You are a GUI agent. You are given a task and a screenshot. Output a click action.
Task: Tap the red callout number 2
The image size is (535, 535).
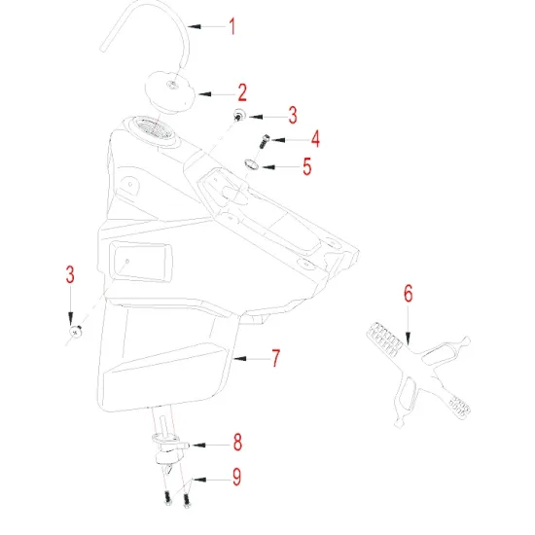tap(241, 92)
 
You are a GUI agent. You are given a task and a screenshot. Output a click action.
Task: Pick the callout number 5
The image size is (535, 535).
tap(306, 166)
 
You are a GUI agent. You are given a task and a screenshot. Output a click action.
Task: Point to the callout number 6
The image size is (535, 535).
tap(409, 292)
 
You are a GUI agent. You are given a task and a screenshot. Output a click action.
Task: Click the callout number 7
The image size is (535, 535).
tap(275, 358)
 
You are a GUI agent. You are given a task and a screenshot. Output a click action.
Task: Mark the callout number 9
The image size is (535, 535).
tap(236, 478)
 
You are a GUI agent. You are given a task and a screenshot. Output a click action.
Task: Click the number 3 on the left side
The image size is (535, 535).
tap(70, 275)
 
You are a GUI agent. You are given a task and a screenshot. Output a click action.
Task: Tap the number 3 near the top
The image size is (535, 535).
tap(291, 116)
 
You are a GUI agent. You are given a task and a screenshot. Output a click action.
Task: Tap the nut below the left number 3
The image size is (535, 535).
tap(75, 333)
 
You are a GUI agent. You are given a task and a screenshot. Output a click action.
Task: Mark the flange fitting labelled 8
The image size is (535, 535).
tap(171, 445)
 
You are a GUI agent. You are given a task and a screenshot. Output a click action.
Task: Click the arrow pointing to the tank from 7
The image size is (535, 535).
tap(248, 358)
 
